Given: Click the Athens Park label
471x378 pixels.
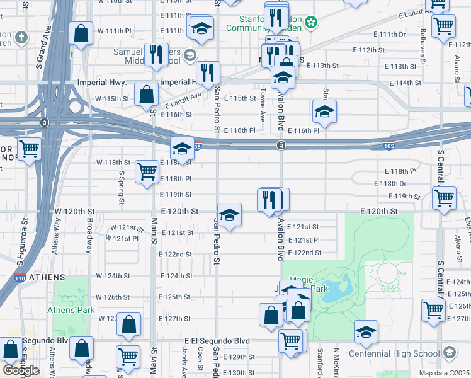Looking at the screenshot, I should point(71,310).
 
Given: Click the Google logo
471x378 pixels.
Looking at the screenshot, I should point(21,370).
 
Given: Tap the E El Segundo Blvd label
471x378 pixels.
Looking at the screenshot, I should point(218,341).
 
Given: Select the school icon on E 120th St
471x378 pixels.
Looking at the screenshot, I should point(229,215).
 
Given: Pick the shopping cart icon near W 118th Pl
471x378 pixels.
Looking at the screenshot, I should point(147,171).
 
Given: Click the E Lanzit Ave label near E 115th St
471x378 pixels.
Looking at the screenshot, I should point(184,100).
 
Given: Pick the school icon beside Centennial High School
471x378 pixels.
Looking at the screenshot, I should point(366,333).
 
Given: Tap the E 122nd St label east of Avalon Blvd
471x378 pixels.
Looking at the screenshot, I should point(304,253).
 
